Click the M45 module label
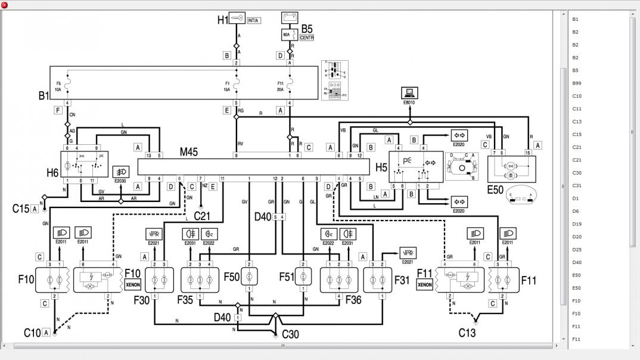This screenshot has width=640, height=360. tap(190, 153)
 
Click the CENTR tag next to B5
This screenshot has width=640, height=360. tap(307, 38)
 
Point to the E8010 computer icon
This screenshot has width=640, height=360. tap(409, 93)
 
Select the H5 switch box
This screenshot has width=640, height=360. tap(415, 166)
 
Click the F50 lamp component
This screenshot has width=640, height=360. tap(250, 277)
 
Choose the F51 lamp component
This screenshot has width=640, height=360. tap(304, 277)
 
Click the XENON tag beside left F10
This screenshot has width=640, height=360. tap(132, 285)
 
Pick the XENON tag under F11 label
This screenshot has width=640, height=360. tap(424, 285)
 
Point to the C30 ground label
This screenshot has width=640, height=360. tap(290, 334)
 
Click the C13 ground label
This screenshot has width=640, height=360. tap(467, 333)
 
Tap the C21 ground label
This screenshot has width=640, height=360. tap(203, 215)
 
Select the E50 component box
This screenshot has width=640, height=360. tap(511, 169)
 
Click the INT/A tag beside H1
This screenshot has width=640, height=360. tap(253, 20)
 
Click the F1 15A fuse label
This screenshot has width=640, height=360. tap(227, 86)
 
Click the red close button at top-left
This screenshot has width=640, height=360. tap(5, 5)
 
